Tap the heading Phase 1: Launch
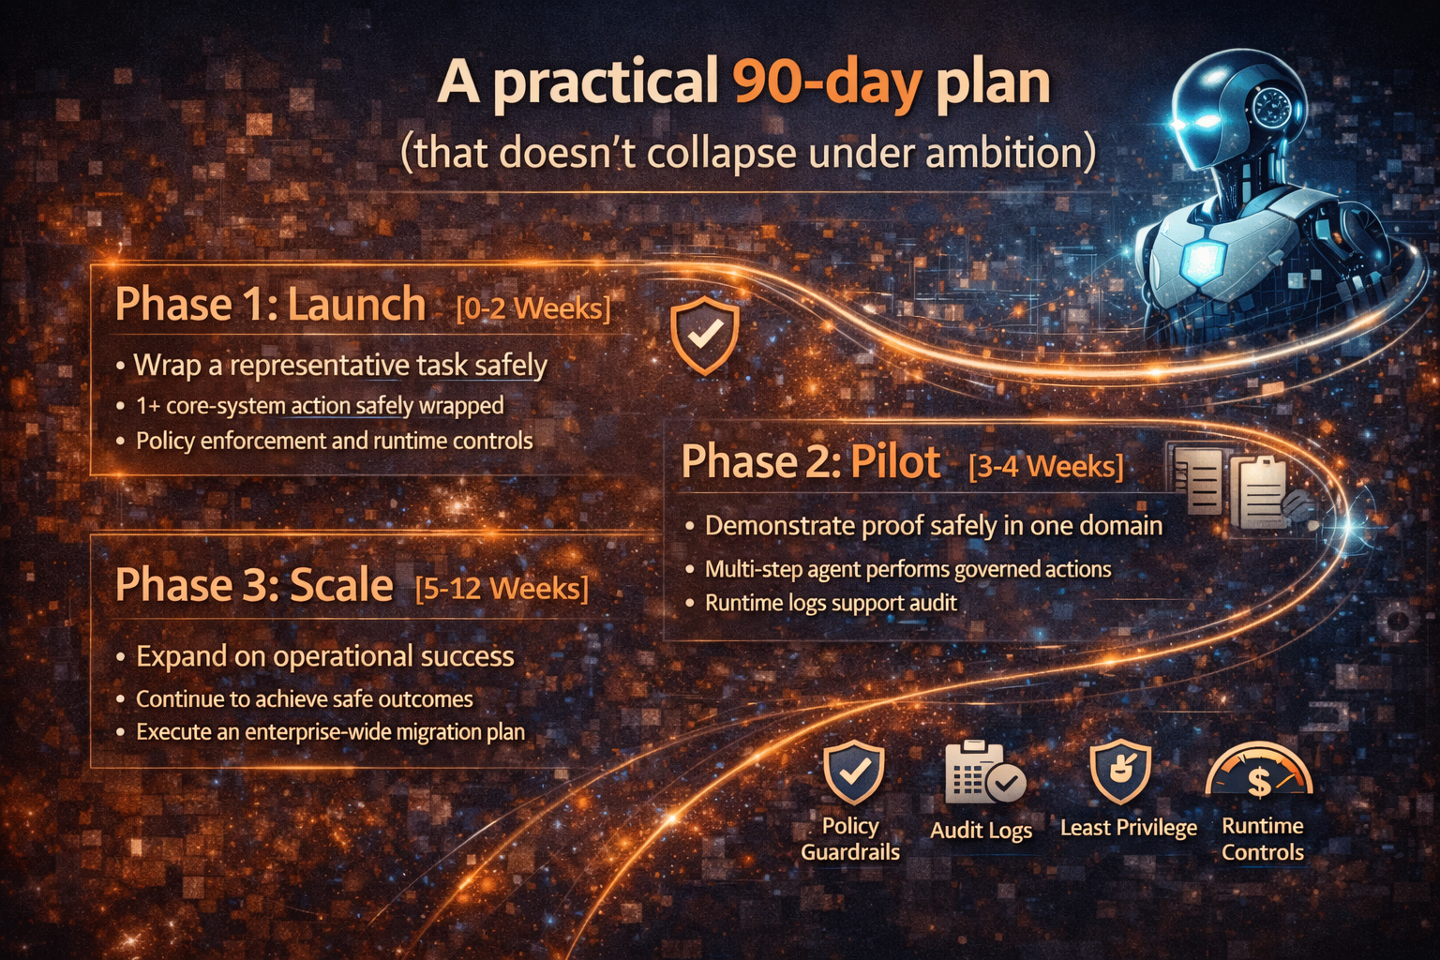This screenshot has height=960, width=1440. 270,305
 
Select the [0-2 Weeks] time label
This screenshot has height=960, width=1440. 532,307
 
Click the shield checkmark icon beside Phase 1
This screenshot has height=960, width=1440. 704,335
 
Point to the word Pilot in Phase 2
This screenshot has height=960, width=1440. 894,462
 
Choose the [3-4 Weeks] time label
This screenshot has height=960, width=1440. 1045,466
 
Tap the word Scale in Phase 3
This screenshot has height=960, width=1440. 340,585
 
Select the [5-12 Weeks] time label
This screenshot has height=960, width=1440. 502,588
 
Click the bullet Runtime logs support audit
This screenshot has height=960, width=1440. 831,603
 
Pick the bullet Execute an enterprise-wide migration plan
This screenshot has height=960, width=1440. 330,732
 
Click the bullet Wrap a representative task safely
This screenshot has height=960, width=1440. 340,365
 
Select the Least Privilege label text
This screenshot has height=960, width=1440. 1128,828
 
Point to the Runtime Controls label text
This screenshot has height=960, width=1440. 1262,839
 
